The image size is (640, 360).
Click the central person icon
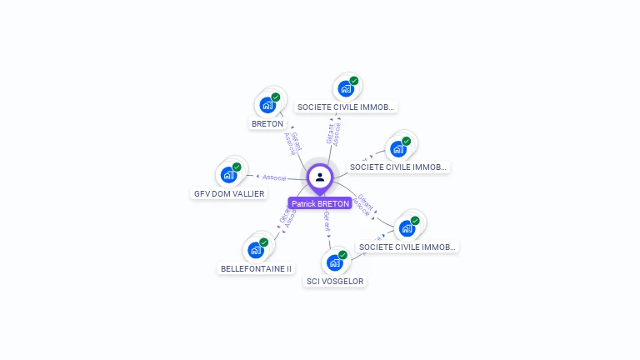point(320,177)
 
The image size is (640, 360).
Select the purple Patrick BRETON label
point(320,203)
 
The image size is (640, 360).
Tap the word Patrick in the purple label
point(305,203)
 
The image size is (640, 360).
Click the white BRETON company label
point(267,124)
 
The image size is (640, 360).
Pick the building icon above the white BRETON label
point(267,105)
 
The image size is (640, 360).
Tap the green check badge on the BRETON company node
point(276,97)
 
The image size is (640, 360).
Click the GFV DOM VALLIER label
point(229,194)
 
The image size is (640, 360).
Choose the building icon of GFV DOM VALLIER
point(227,175)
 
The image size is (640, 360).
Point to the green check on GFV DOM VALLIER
point(237,167)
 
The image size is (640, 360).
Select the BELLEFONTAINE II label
point(256,269)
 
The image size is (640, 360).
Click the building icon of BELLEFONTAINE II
point(255,250)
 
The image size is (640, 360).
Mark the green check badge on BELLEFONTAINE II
point(264,242)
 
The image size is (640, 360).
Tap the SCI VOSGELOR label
point(336,282)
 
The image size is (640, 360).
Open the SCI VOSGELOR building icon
point(334,262)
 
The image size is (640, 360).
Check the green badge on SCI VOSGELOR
point(342,254)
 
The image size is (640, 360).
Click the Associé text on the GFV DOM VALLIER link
point(274,177)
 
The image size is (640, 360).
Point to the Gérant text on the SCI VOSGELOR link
point(327,222)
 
